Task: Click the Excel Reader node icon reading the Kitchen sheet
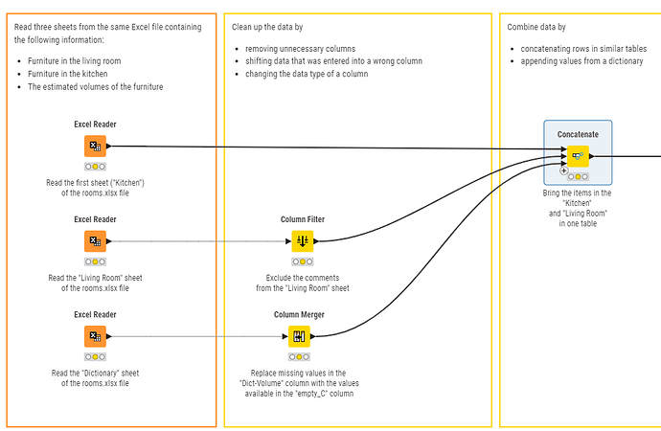95,146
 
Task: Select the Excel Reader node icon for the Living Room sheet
95,241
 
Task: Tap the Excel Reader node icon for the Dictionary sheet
95,336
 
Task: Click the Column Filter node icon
303,241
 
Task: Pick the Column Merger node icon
299,336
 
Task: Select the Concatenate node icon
578,156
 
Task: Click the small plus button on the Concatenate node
563,170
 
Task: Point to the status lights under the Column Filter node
303,261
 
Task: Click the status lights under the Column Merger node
299,357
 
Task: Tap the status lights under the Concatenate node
578,176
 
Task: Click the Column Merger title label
299,315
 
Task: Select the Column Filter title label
303,219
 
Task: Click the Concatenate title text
578,134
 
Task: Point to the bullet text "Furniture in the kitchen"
67,74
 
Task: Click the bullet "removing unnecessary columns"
300,49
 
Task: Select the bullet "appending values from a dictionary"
581,61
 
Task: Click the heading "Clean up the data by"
267,27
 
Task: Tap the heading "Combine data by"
536,27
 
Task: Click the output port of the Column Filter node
316,241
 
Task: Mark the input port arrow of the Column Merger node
285,336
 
